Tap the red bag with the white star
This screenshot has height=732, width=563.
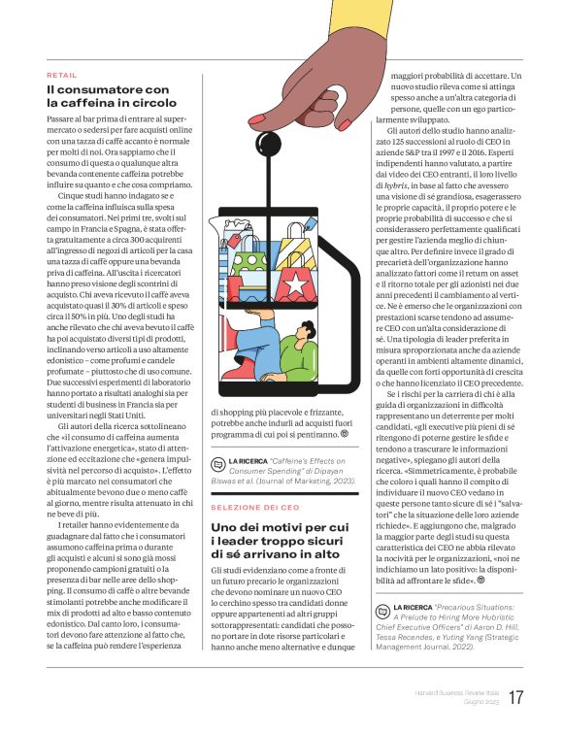291,286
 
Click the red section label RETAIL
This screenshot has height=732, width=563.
61,75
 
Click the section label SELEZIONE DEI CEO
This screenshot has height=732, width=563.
255,508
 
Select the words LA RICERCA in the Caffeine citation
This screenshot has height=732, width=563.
247,462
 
